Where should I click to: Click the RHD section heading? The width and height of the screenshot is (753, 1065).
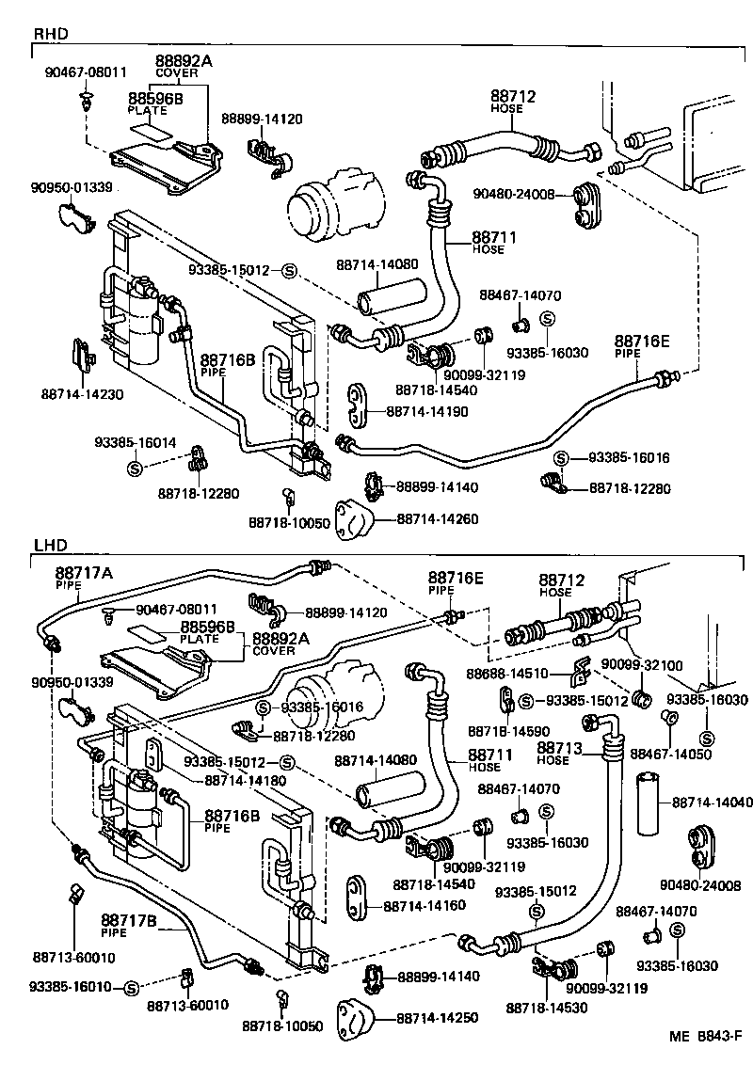coord(51,34)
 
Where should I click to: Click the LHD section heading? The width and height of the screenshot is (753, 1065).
coord(50,545)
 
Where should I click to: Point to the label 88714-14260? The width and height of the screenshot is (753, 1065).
coord(437,518)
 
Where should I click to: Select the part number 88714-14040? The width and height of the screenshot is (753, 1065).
coord(713,802)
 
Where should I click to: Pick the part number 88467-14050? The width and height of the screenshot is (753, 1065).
coord(670,754)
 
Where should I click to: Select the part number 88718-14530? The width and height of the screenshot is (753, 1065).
coord(546,1008)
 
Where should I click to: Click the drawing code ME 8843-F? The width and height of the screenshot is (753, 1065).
coord(707,1037)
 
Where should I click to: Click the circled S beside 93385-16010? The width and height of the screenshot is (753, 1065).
coord(131,987)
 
